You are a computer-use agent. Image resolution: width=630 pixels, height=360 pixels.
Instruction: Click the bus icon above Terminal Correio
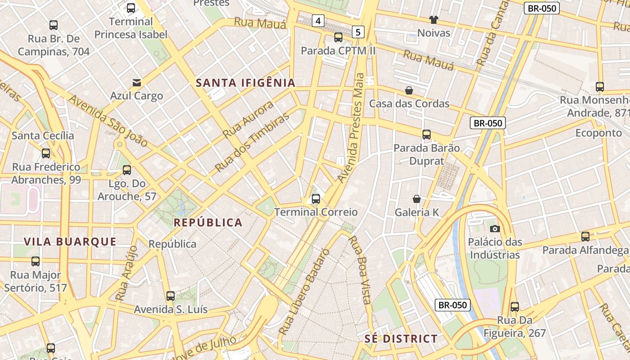point(316,198)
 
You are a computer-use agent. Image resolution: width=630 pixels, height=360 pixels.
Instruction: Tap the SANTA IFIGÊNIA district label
point(246,83)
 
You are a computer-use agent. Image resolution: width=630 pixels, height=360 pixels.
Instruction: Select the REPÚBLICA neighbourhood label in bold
point(208,222)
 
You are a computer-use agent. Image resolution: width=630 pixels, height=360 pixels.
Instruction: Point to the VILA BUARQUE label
point(70,242)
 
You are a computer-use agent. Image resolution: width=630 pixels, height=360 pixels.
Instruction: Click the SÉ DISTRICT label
point(400,339)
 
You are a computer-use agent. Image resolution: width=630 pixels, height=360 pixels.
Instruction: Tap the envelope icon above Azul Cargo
point(137,83)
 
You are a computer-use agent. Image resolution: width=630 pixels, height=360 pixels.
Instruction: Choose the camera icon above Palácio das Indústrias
point(495,229)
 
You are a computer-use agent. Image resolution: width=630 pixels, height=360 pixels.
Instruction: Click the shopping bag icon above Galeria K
point(417,198)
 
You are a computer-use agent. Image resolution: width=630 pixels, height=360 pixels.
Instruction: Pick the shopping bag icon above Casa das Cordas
point(409,90)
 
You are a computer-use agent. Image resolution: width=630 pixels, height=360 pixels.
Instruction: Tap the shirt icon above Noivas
point(433,20)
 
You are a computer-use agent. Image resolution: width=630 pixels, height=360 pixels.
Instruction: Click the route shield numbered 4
point(318,20)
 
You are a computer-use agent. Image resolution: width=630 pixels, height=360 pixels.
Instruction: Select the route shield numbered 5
point(358,32)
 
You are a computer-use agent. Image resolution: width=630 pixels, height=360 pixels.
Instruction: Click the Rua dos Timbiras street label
point(252,143)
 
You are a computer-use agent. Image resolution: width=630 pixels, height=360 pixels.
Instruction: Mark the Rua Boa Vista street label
point(360,270)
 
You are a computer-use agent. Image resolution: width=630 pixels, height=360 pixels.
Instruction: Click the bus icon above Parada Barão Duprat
point(426,134)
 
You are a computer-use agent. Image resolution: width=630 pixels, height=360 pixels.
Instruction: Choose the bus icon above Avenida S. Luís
point(171,296)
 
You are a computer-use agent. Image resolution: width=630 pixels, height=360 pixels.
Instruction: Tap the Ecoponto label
point(598,133)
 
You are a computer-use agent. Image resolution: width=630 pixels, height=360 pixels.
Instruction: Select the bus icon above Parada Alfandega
point(585,236)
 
